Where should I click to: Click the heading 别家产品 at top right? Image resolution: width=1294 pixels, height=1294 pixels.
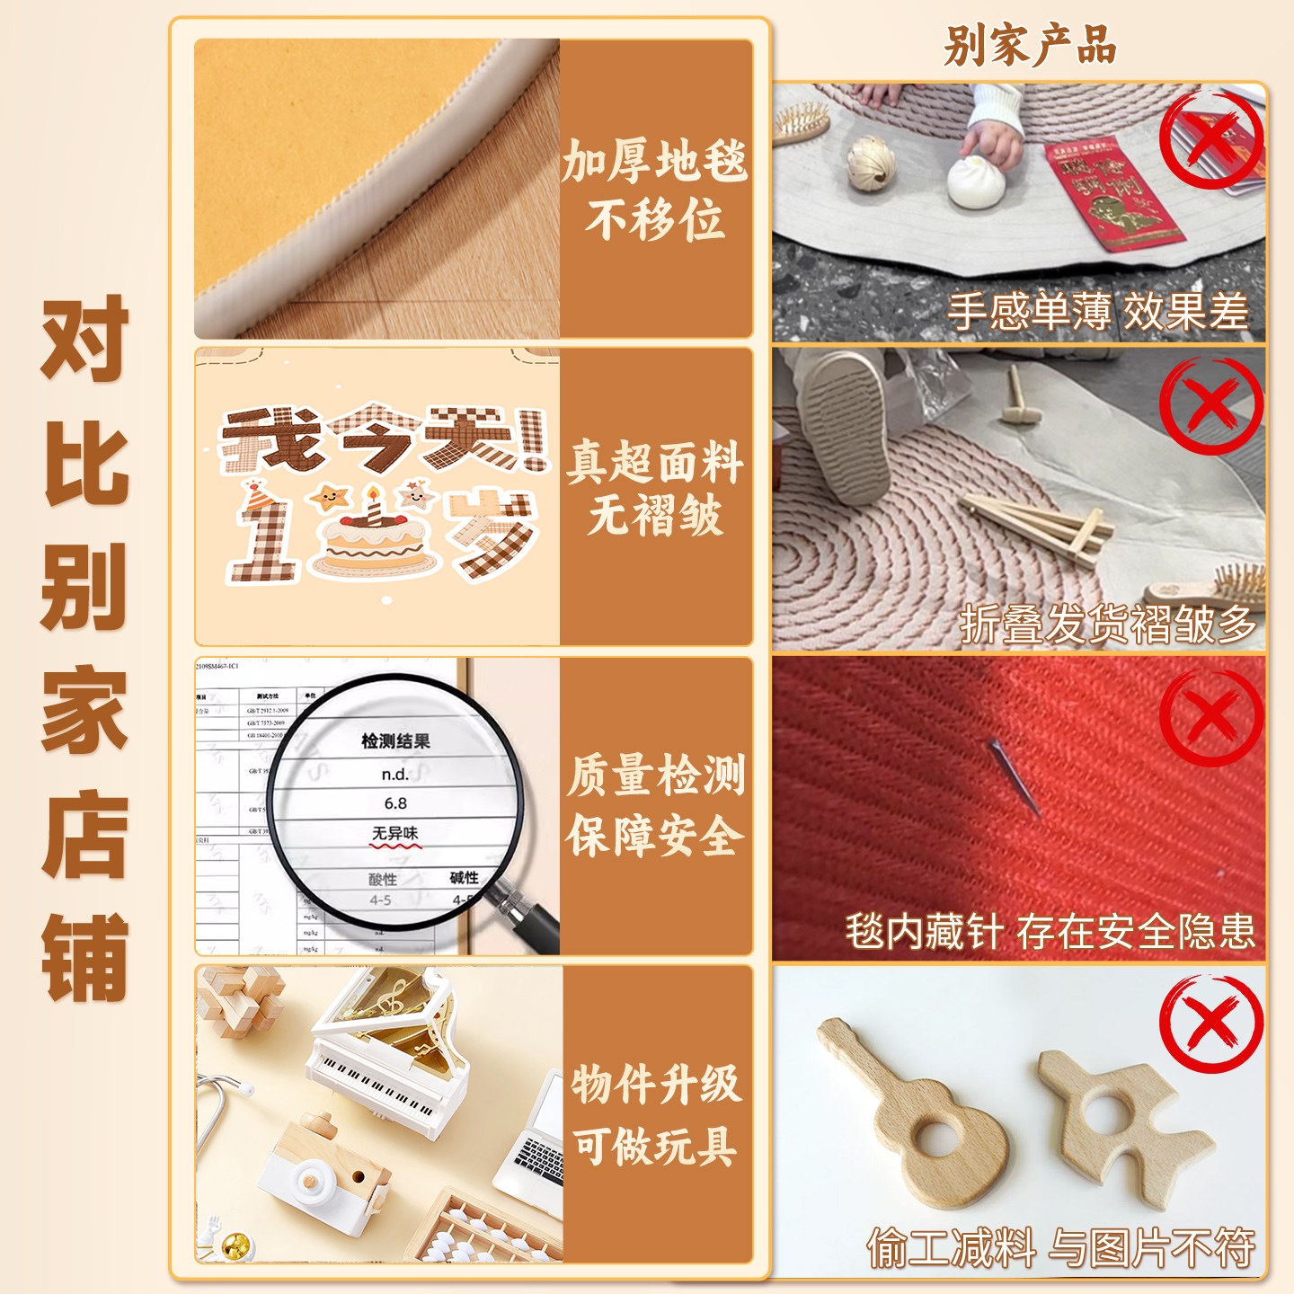(1029, 45)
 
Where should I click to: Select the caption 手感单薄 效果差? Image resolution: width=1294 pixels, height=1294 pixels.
(1098, 312)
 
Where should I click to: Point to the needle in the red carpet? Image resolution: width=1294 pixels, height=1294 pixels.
(1014, 775)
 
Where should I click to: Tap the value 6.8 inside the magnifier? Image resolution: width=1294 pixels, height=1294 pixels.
(395, 803)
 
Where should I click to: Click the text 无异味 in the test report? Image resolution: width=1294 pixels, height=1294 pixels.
(395, 834)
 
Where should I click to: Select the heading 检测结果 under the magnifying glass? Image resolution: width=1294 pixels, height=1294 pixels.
(395, 741)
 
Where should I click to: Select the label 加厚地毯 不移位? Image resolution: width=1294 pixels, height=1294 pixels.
(655, 190)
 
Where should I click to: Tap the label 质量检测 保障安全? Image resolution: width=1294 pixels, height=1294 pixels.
(655, 805)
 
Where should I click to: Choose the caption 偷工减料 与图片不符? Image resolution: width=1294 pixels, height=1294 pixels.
(1060, 1248)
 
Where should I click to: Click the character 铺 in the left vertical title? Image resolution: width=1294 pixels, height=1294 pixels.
(85, 958)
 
